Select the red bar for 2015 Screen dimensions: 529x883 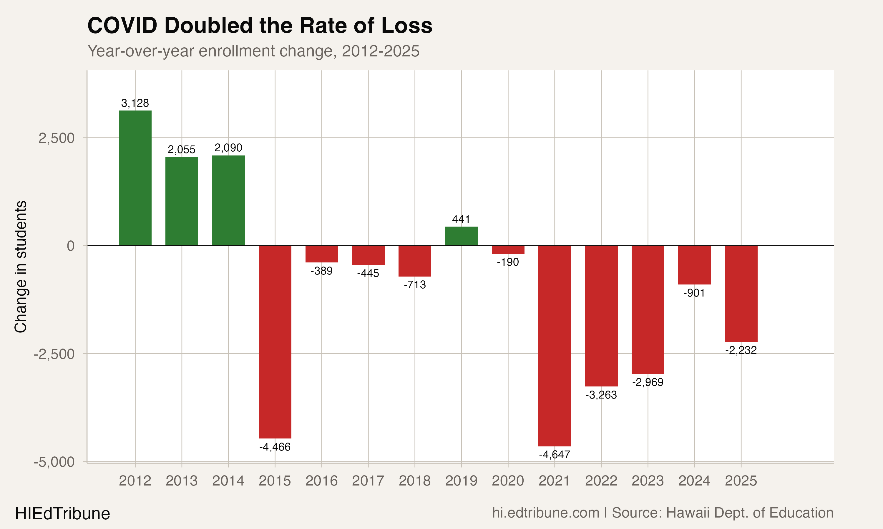[275, 342]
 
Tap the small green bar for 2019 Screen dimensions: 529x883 [461, 236]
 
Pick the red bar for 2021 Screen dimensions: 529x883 [554, 346]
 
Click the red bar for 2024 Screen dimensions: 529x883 [694, 265]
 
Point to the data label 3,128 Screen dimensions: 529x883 [135, 103]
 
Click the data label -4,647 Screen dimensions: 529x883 [554, 454]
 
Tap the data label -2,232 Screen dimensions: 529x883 [741, 350]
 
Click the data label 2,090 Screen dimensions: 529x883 [228, 148]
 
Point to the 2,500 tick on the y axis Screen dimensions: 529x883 [57, 138]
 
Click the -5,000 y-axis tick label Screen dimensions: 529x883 [54, 462]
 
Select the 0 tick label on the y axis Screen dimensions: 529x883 [71, 246]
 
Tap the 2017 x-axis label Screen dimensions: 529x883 [368, 481]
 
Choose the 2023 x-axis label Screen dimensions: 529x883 [648, 481]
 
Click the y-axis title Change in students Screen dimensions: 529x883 [21, 267]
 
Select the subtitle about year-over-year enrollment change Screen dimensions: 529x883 [253, 51]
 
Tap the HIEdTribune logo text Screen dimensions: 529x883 [62, 514]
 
